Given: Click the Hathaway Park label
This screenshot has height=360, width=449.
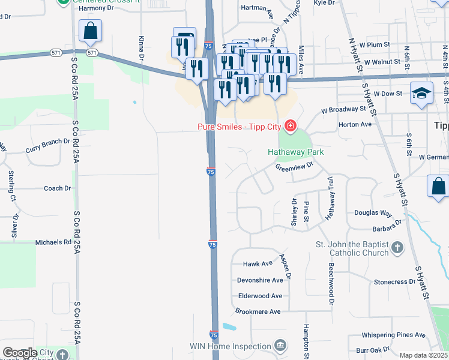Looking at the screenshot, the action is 295,152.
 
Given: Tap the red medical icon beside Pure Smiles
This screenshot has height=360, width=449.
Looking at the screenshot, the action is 291,125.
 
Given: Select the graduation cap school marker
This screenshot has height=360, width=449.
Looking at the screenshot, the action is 422,93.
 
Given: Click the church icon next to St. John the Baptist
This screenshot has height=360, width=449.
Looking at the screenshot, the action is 397,247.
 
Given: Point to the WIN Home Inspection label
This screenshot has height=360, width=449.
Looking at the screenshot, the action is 230,346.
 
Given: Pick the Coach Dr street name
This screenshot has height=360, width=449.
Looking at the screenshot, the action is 58,188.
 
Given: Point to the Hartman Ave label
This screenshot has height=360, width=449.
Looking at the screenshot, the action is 257,8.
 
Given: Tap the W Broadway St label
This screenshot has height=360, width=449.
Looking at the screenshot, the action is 343,110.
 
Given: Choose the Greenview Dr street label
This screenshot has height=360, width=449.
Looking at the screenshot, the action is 295,167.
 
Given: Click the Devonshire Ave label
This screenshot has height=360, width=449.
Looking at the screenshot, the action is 260,280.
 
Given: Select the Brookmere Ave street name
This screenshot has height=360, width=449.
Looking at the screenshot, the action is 258,312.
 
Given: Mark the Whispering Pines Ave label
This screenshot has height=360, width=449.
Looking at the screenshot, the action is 393,335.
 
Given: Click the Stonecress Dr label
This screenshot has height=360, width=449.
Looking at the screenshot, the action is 394,281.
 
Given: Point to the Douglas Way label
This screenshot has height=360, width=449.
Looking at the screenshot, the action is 373,213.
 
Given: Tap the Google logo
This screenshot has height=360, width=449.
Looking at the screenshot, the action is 20,353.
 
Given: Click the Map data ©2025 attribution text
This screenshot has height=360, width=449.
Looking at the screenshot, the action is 424,355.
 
